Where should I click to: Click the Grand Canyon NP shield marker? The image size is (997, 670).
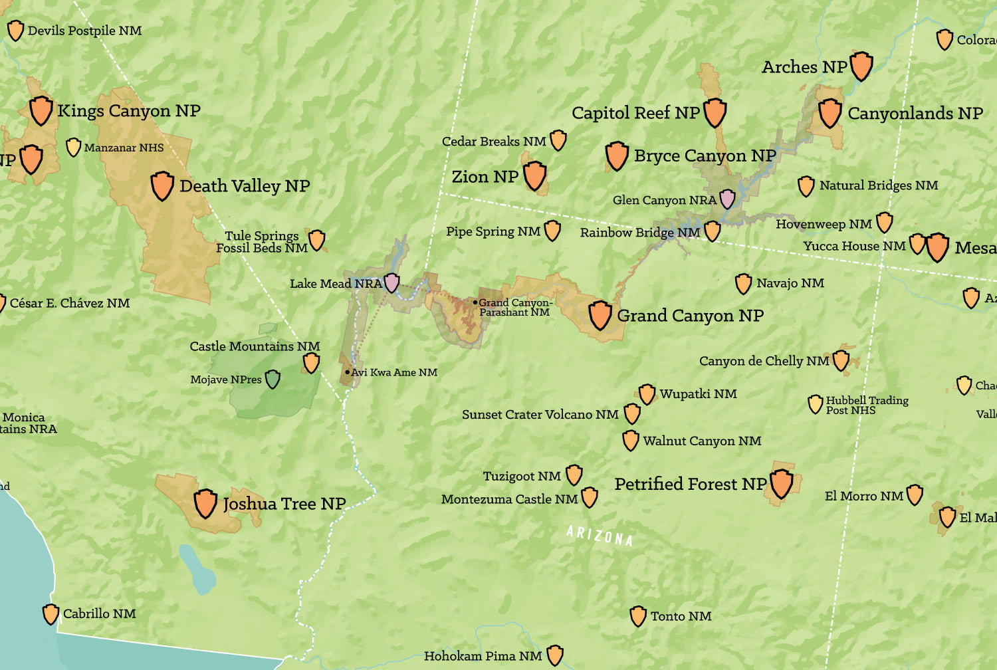pyautogui.click(x=600, y=314)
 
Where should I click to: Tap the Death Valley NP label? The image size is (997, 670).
pyautogui.click(x=244, y=186)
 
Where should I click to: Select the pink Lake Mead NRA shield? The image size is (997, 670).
pyautogui.click(x=392, y=282)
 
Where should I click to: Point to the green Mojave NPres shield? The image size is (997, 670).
pyautogui.click(x=273, y=380)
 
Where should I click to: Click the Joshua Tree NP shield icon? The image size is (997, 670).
pyautogui.click(x=205, y=503)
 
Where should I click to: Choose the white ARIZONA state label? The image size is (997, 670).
pyautogui.click(x=600, y=535)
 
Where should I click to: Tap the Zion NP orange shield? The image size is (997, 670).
pyautogui.click(x=534, y=175)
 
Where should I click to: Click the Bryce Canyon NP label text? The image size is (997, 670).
pyautogui.click(x=705, y=156)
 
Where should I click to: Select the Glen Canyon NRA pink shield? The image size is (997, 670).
pyautogui.click(x=728, y=199)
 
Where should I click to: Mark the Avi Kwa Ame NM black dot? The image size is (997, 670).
pyautogui.click(x=348, y=372)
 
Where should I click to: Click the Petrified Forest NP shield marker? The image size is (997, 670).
pyautogui.click(x=781, y=483)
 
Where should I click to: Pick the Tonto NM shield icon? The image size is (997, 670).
pyautogui.click(x=638, y=616)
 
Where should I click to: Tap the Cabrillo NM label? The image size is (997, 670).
pyautogui.click(x=99, y=614)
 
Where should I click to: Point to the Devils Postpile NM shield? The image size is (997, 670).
pyautogui.click(x=15, y=31)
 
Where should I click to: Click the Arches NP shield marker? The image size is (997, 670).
pyautogui.click(x=861, y=66)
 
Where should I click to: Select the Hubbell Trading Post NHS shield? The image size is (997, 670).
pyautogui.click(x=816, y=404)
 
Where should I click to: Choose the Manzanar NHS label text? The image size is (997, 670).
pyautogui.click(x=124, y=148)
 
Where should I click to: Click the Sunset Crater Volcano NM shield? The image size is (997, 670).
pyautogui.click(x=632, y=413)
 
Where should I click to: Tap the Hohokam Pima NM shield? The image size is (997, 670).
pyautogui.click(x=555, y=655)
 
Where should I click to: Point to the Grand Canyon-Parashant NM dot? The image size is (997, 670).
pyautogui.click(x=475, y=302)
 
